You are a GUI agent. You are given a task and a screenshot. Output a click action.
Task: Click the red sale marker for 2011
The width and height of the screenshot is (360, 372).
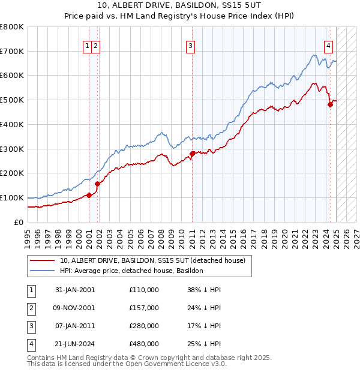point(192,154)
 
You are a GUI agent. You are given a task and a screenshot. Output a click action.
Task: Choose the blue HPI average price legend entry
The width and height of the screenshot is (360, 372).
point(131,271)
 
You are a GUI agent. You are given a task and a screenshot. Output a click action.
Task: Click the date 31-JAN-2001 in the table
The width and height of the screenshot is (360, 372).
point(75,290)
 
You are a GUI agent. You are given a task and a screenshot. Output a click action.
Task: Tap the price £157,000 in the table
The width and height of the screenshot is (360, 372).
point(144,308)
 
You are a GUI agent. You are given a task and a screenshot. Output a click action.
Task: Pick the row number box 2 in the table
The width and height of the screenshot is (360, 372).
point(29,308)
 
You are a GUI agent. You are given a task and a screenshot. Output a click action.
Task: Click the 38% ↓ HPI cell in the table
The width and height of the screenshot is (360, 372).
point(204,290)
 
